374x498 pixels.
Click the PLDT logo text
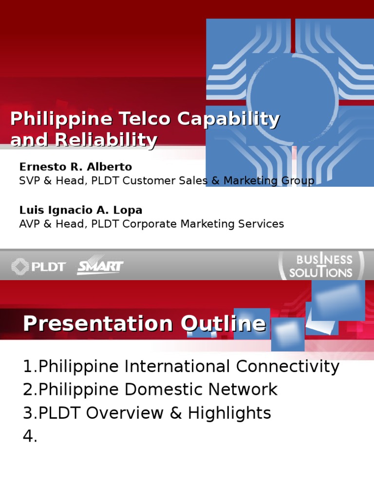tap(49, 267)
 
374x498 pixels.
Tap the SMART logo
tap(100, 267)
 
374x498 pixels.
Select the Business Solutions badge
tap(320, 266)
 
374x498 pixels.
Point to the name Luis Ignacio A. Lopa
tap(81, 210)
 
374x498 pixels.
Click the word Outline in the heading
tap(223, 324)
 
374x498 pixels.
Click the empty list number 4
tap(30, 436)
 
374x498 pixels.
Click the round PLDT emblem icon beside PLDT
tap(20, 267)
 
